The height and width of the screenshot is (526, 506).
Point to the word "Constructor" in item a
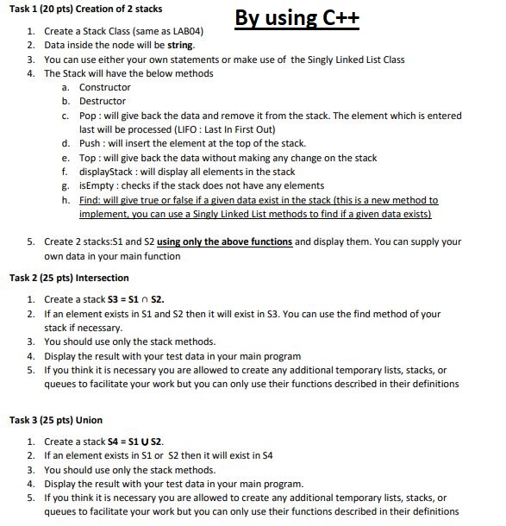coord(104,87)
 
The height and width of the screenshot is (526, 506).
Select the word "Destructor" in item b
coord(103,101)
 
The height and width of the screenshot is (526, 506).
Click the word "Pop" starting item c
coord(87,115)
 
